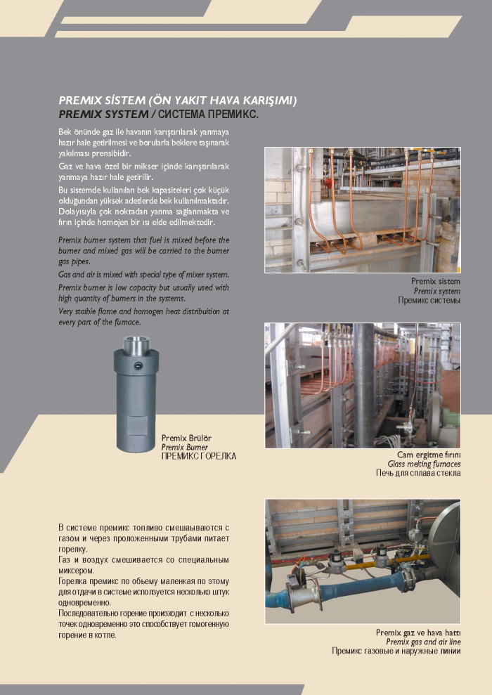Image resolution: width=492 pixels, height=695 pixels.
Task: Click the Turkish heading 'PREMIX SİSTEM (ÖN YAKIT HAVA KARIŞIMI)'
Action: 178,101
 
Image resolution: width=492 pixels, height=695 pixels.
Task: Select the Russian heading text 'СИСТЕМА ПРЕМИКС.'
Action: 209,113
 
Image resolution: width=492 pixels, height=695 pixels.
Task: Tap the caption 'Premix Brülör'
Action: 186,438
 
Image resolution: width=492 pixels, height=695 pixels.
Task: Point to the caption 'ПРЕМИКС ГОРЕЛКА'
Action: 199,456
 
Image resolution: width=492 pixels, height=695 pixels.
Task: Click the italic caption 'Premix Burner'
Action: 185,447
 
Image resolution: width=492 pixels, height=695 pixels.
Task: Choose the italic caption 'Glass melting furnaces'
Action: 425,465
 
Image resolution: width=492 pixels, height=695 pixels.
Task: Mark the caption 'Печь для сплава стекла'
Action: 418,474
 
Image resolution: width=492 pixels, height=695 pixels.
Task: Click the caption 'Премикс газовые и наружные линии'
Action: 396,651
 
